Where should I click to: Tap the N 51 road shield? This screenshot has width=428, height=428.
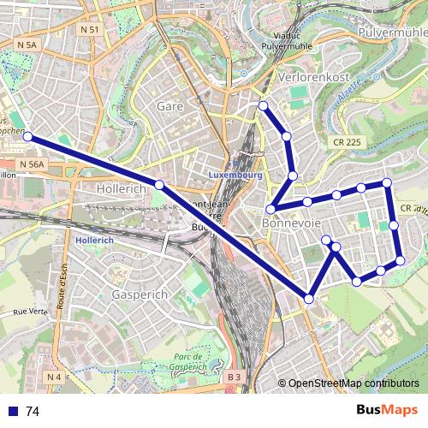(89, 29)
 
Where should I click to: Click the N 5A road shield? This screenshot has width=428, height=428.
(27, 45)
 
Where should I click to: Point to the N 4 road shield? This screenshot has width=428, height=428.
(53, 377)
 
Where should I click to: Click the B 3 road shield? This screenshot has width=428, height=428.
(235, 377)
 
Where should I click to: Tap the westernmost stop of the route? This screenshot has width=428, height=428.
(27, 136)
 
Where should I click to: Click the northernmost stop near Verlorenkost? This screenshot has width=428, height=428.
(263, 105)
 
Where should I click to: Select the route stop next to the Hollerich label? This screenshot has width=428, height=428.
(159, 185)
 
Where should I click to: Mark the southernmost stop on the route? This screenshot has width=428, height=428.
(308, 298)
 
